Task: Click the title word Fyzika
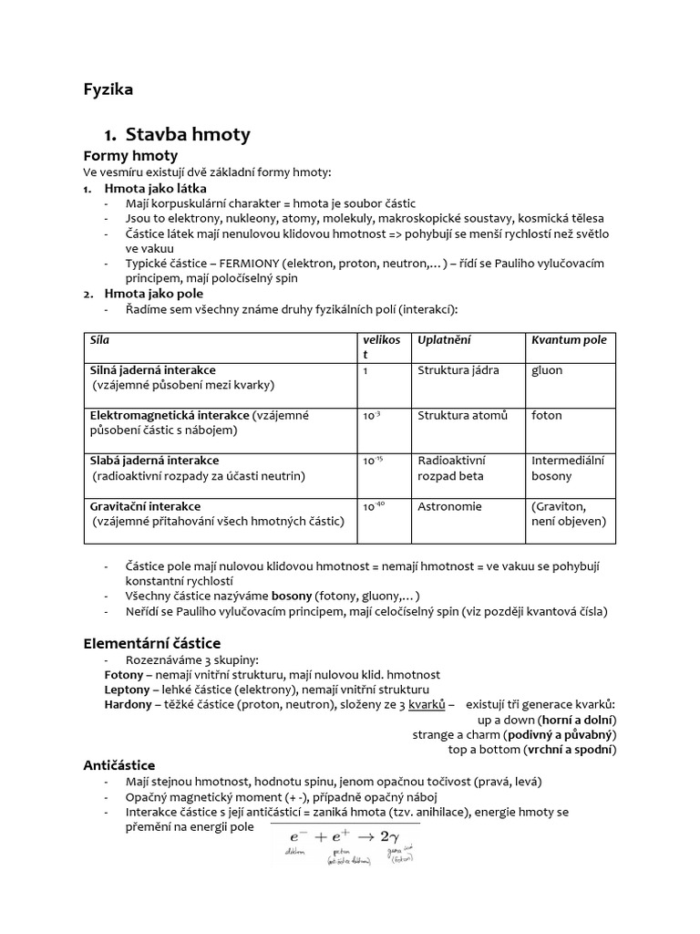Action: (108, 89)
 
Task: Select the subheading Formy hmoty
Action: (130, 156)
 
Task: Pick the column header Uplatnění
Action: (444, 340)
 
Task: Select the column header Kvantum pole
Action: (569, 340)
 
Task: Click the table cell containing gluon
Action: (547, 370)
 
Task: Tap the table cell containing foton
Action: (547, 415)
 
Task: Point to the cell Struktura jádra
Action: (458, 370)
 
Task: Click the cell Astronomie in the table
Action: (449, 506)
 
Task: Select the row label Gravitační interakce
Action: (145, 506)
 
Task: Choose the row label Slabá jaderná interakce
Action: (154, 461)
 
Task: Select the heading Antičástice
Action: (119, 765)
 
